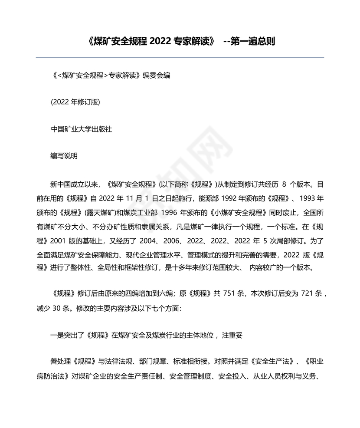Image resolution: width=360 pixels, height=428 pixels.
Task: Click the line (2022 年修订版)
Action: coord(75,102)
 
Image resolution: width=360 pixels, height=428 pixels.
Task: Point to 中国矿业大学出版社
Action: coord(82,129)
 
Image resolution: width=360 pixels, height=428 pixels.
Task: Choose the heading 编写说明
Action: coord(64,156)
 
